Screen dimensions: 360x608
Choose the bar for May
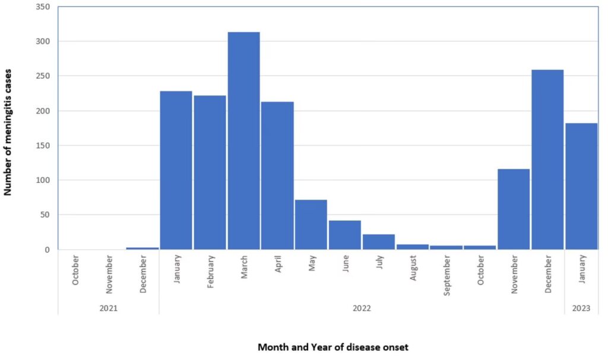coord(311,225)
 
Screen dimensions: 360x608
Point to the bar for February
coord(210,172)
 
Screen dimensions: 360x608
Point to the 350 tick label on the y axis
coord(43,7)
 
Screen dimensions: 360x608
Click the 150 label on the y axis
coord(43,146)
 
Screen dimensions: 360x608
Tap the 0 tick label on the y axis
coord(47,250)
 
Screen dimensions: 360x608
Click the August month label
coord(413,271)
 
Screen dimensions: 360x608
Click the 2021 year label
coord(109,308)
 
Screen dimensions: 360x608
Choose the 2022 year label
coord(362,308)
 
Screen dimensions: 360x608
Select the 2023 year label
coord(581,308)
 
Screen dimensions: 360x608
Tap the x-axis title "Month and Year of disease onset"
coord(333,347)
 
